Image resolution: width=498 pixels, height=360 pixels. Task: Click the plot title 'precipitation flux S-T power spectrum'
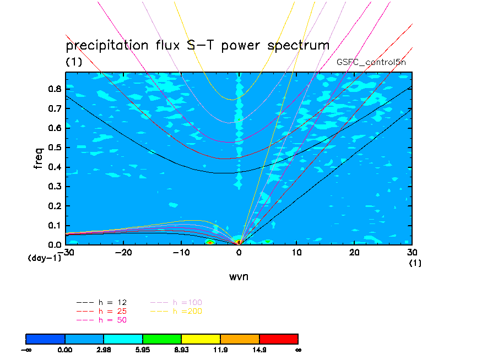coord(197,45)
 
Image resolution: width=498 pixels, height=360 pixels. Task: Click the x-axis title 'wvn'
coord(239,276)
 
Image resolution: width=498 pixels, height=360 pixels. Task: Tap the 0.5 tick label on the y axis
coord(54,148)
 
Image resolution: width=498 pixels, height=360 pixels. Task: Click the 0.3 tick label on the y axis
coord(54,187)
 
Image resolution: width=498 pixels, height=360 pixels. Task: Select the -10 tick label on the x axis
coord(181,253)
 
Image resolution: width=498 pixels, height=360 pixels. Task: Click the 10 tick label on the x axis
coord(296,253)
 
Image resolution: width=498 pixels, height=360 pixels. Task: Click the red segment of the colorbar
coord(278,338)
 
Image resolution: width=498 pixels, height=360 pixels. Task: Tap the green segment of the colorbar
coord(162,338)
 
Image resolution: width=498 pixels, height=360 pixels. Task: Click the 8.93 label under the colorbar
coord(181,349)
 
